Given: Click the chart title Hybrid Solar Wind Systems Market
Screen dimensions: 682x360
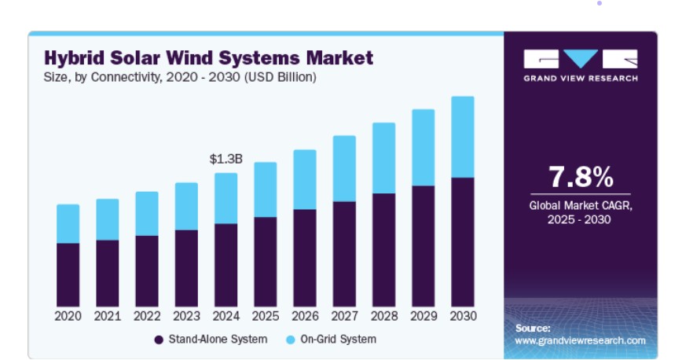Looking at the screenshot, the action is pos(209,58).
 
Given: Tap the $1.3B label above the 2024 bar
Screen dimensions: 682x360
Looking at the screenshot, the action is pos(225,159).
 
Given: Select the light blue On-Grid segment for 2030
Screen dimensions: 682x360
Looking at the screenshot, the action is pos(463,137).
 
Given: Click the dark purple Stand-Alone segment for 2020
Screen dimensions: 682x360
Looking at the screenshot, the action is pos(68,274).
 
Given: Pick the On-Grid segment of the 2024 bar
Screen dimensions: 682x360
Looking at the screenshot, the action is pos(225,199).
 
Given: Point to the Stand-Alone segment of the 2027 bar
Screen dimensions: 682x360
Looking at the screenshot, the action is pos(344,254).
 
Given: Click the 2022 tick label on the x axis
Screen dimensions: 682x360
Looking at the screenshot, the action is pos(147,316).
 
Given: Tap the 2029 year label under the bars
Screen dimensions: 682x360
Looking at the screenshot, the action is pos(423,316).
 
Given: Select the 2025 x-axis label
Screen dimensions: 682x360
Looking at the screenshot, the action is pos(266,316).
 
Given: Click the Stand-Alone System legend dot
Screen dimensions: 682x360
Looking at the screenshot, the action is pos(159,340).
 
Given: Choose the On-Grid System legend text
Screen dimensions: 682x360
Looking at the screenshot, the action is pos(339,339).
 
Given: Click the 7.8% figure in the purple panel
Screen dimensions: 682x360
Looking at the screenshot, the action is pos(581,177).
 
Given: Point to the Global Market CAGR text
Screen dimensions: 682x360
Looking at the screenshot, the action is pos(581,205).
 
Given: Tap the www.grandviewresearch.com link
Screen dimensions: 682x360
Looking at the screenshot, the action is pos(580,340).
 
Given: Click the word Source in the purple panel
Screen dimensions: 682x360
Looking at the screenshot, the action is pos(533,329).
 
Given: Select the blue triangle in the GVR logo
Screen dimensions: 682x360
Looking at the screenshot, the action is pos(581,57).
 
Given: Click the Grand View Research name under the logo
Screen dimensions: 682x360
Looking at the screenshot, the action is pos(581,79).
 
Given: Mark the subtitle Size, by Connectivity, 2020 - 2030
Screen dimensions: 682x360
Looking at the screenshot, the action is pos(141,77).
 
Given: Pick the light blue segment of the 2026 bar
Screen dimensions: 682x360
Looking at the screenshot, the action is pos(305,180).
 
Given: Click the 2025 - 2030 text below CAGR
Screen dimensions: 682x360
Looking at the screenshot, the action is pos(579,219).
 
